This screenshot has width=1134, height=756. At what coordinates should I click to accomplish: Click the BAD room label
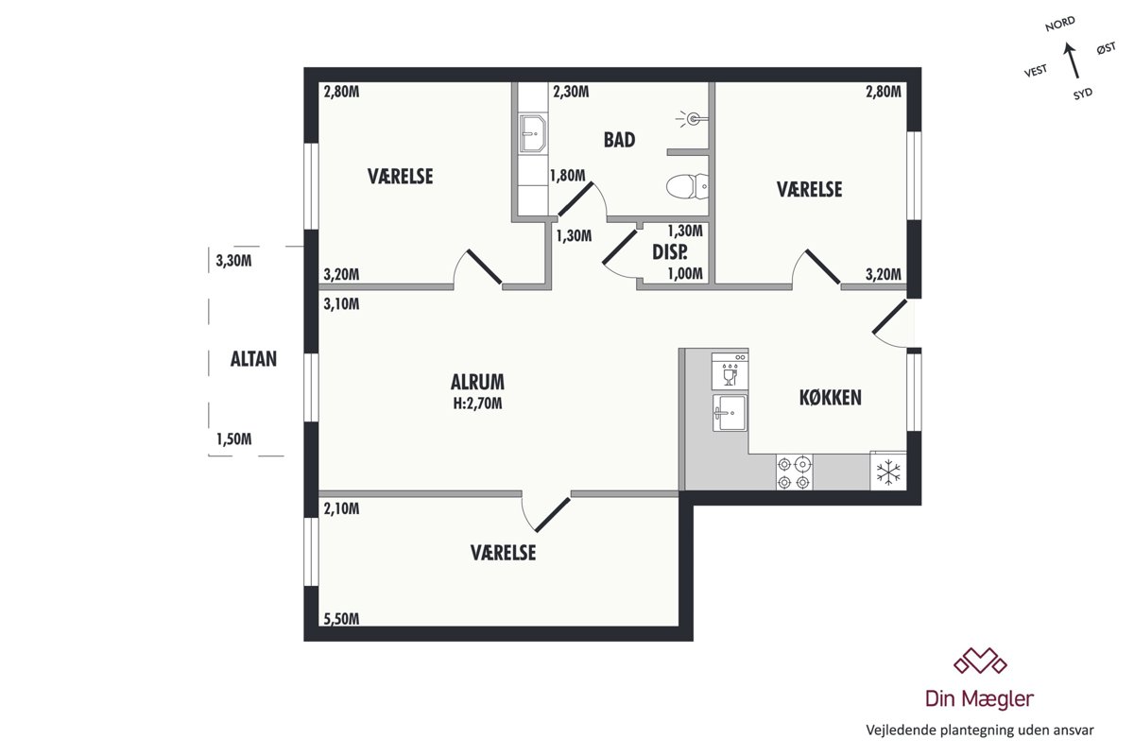coord(619,140)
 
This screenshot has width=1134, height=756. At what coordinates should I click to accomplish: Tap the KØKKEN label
coord(831,398)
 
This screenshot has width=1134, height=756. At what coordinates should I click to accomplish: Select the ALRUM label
coord(477,382)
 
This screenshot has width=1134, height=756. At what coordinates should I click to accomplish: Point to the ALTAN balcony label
coord(253,359)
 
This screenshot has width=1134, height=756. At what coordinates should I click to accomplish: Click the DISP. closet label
coord(670,252)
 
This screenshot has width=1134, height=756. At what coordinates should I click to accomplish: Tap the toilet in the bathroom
coord(687,186)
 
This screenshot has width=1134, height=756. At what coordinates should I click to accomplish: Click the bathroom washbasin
coord(533,133)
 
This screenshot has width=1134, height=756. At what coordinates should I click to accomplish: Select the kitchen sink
coord(730,413)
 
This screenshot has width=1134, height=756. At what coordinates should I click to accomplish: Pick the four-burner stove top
coord(795,472)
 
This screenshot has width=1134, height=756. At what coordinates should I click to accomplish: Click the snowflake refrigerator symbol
coord(888,471)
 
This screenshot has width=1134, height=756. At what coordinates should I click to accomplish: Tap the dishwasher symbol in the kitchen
coord(730,370)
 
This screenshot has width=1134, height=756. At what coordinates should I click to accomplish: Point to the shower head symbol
coord(692,119)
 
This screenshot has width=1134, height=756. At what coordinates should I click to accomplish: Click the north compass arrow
coord(1073,60)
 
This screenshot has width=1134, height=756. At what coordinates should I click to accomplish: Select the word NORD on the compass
coord(1060,24)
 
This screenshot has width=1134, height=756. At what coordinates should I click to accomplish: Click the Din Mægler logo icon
coord(981,661)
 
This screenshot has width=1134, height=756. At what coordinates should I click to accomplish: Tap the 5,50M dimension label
coord(342,619)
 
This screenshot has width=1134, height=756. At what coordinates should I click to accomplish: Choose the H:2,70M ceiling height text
coord(477,404)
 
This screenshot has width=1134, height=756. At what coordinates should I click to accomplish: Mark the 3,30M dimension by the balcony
coord(233,261)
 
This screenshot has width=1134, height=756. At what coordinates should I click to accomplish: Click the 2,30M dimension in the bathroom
coord(571,92)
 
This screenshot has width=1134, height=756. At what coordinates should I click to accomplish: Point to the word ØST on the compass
coord(1107,48)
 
